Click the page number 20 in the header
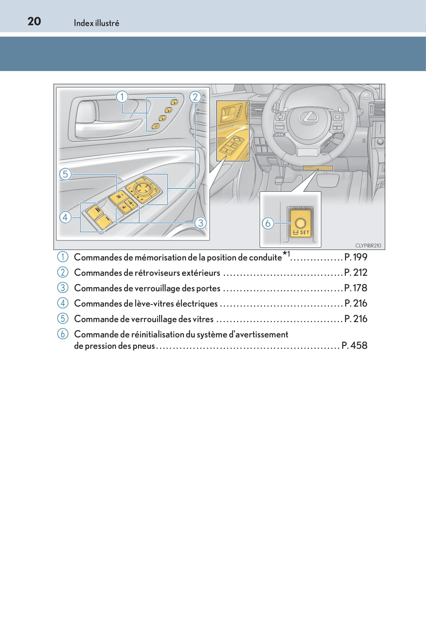point(34,21)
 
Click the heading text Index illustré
point(96,23)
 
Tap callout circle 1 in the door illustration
point(122,97)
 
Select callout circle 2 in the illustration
point(195,97)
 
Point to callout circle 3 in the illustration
point(201,223)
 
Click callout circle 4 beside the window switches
point(65,217)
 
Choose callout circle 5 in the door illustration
point(65,174)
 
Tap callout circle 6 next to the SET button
point(267,223)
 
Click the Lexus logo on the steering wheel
point(308,118)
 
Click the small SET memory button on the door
point(156,126)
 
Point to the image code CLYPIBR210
point(368,245)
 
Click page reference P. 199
point(355,257)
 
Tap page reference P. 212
point(355,273)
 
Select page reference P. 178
point(355,288)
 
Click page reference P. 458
point(354,346)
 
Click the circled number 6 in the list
point(63,334)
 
